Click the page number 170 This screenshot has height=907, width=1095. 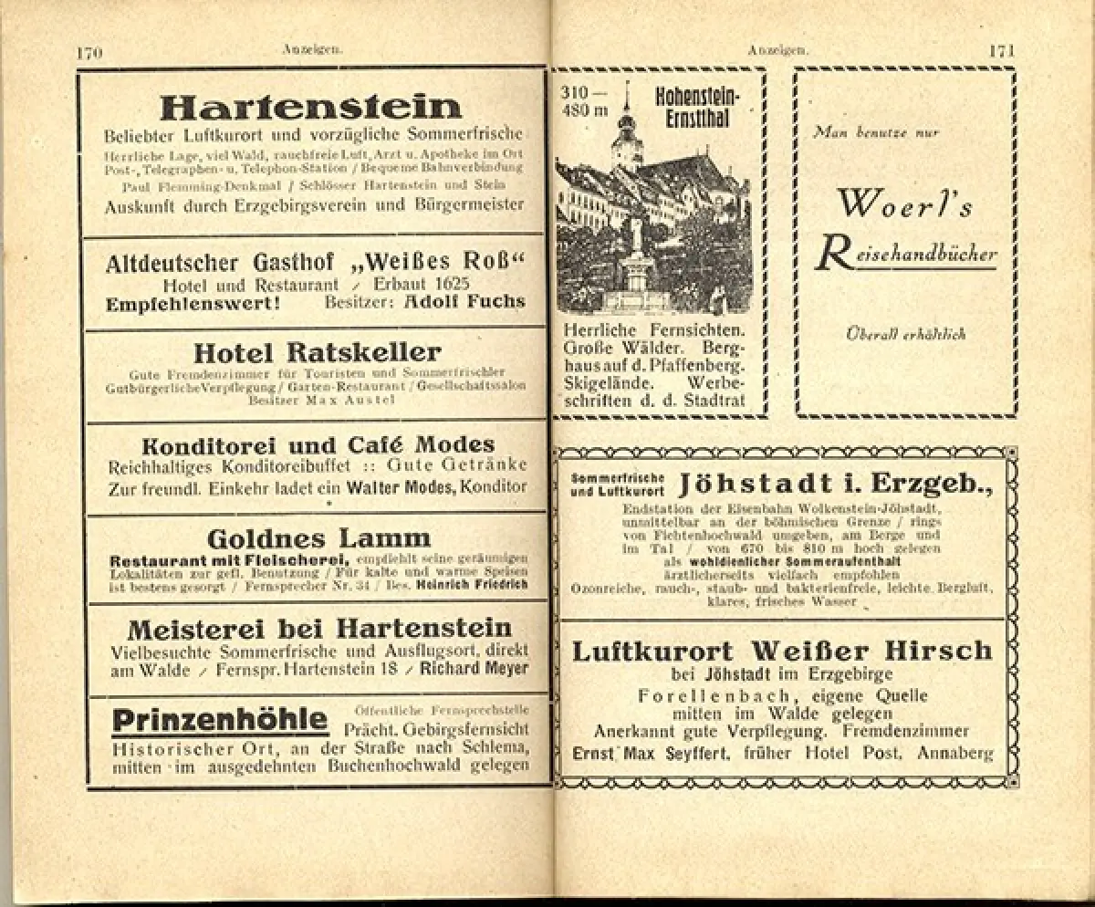[x=89, y=53]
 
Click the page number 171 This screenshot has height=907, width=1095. [x=1001, y=51]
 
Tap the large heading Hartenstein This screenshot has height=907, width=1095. [x=310, y=107]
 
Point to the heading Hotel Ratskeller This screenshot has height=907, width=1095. [x=317, y=353]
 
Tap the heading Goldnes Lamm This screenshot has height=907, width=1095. [x=318, y=538]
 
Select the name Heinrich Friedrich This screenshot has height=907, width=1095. [x=471, y=585]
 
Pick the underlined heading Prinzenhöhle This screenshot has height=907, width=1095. [x=220, y=721]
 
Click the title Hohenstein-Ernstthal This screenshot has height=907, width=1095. [x=698, y=105]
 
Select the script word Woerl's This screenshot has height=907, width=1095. [x=905, y=204]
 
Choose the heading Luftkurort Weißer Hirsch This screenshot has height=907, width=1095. [x=782, y=651]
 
